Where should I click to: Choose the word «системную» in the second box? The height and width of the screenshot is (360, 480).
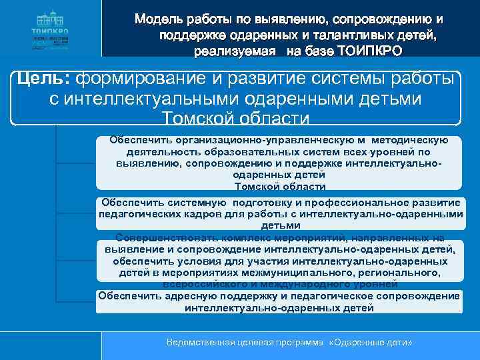tap(192, 203)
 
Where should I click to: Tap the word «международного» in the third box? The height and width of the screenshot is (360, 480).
tap(309, 284)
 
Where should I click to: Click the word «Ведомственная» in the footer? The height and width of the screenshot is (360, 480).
tap(200, 341)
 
